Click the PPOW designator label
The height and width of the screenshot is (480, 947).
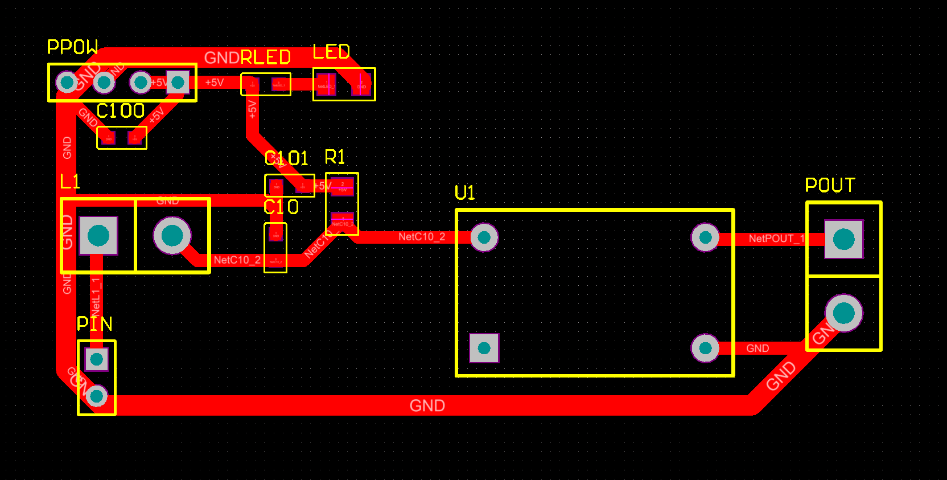(x=72, y=47)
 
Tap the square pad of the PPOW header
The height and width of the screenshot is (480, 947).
(x=178, y=83)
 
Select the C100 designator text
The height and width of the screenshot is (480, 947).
(x=121, y=110)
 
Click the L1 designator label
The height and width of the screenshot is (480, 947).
(x=70, y=182)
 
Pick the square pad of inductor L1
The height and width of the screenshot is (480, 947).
(x=98, y=235)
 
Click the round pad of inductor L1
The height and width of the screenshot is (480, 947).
(x=172, y=235)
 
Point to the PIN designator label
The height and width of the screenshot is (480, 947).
(x=94, y=324)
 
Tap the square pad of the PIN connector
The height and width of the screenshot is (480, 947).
(x=96, y=359)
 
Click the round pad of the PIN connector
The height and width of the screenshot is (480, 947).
(x=96, y=395)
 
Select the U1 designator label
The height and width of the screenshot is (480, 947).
(x=465, y=193)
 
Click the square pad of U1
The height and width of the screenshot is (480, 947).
(x=484, y=348)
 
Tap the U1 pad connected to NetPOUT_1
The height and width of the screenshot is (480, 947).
(x=705, y=237)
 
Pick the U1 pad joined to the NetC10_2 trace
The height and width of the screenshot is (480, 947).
(x=484, y=237)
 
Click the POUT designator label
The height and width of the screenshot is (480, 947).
(x=830, y=185)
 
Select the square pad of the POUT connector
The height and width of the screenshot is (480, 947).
(x=843, y=239)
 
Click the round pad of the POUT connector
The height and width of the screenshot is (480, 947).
(x=843, y=313)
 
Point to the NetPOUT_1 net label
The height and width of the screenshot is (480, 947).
(x=776, y=239)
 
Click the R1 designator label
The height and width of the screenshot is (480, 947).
(x=335, y=157)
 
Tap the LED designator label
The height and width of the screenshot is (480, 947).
(x=331, y=52)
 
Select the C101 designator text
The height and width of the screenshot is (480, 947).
(x=286, y=158)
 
